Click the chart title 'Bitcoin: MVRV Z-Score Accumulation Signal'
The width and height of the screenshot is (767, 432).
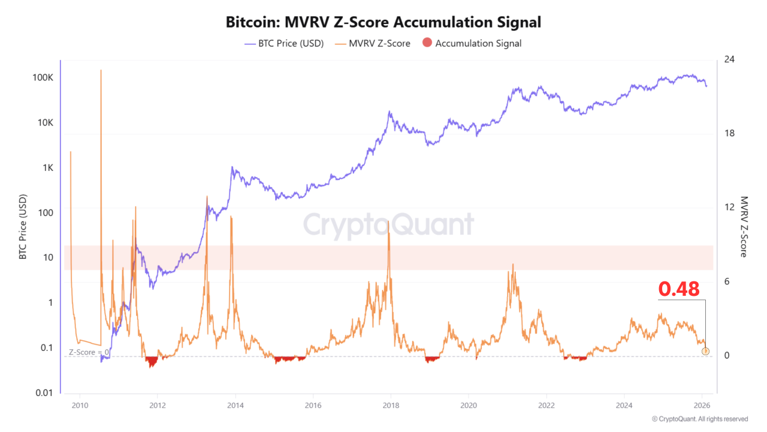[383, 22]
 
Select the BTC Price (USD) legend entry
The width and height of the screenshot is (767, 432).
[284, 43]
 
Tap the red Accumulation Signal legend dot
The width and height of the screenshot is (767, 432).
[427, 43]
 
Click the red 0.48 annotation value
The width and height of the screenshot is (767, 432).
[679, 289]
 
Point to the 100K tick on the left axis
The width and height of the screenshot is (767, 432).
[44, 78]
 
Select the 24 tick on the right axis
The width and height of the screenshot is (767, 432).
[729, 59]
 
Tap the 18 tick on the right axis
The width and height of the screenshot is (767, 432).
[729, 133]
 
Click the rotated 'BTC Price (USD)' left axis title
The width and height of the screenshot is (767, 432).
[23, 227]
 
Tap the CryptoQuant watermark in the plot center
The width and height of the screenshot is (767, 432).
[388, 225]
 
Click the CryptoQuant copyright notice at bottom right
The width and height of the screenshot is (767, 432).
[699, 419]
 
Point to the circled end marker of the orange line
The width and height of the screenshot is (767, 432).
[705, 350]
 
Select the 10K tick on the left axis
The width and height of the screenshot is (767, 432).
[46, 122]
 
